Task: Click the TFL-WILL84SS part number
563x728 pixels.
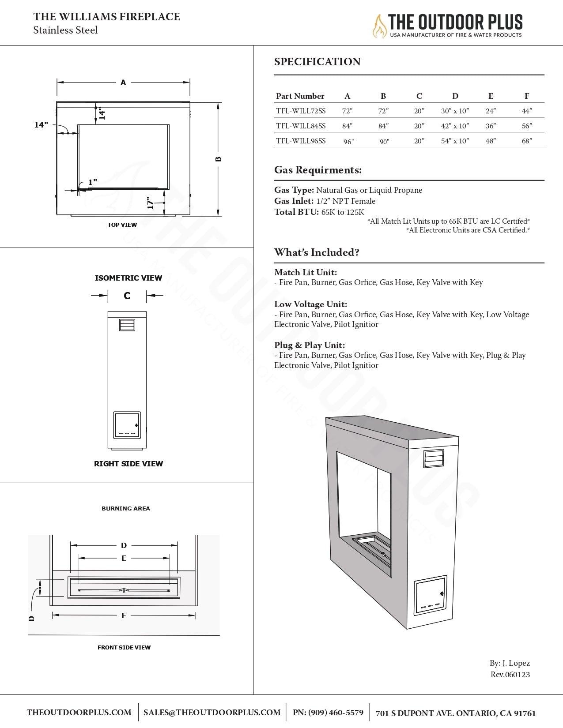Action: pos(301,126)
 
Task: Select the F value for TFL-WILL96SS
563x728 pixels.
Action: pos(527,141)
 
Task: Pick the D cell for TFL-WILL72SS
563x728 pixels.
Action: pos(455,111)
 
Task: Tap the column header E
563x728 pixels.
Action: pos(491,96)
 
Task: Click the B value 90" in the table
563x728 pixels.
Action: pos(384,142)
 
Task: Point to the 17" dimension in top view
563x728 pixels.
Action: pos(150,203)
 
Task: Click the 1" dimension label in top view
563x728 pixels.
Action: pos(92,182)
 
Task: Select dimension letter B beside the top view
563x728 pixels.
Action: pos(218,159)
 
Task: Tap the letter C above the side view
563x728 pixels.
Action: pos(127,296)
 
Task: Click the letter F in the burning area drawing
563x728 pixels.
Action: pos(124,615)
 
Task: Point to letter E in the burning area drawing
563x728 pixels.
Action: pos(124,558)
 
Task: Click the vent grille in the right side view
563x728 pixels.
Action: pos(127,325)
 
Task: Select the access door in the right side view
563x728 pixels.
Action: pos(127,425)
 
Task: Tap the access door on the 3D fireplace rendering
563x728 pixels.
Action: pos(431,596)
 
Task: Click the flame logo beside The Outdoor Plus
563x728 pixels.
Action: pos(379,26)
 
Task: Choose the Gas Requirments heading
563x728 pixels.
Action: pos(318,170)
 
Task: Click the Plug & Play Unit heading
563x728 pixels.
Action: pos(310,345)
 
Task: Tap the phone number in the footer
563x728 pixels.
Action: pos(328,713)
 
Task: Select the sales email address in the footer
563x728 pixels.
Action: pos(212,713)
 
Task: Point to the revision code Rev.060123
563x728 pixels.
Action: pos(510,674)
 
